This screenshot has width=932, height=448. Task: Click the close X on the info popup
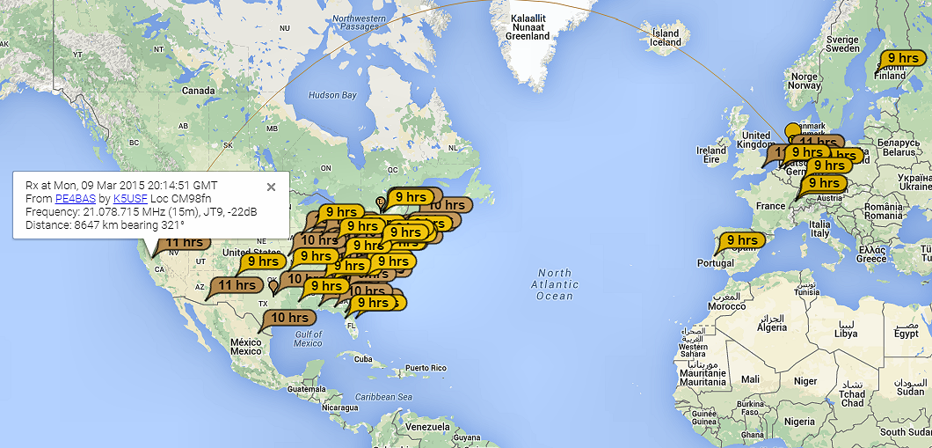[x=271, y=187]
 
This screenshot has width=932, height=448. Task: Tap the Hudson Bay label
[x=332, y=95]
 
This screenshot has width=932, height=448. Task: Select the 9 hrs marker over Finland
[x=903, y=58]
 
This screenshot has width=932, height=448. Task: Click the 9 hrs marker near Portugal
[x=741, y=239]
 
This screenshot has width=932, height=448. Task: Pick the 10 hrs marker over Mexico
[x=289, y=318]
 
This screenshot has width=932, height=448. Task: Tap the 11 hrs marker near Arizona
[x=237, y=285]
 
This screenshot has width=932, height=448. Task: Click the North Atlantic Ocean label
[x=555, y=284]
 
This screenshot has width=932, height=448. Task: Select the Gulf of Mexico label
[x=308, y=338]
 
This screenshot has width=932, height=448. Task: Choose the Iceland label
[x=665, y=38]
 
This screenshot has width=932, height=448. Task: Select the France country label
[x=770, y=206]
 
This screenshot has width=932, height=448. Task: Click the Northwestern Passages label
[x=363, y=22]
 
